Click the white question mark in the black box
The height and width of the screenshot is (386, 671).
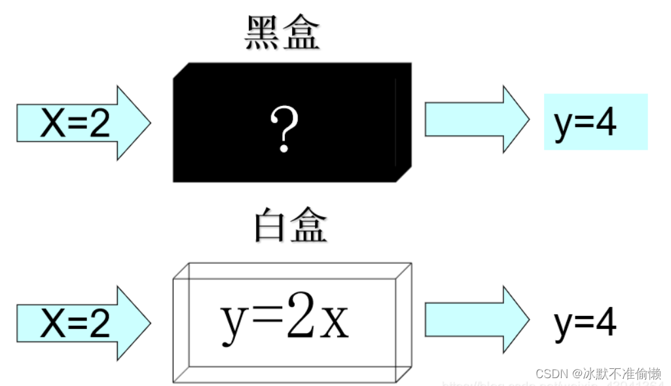(284, 130)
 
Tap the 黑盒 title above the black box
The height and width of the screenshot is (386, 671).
(282, 33)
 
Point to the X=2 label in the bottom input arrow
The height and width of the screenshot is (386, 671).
(75, 323)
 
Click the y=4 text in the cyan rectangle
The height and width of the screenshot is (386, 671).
(585, 122)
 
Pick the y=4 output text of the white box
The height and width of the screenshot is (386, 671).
(585, 323)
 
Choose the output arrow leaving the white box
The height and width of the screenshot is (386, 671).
(477, 319)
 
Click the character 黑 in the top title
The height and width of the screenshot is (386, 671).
(263, 33)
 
